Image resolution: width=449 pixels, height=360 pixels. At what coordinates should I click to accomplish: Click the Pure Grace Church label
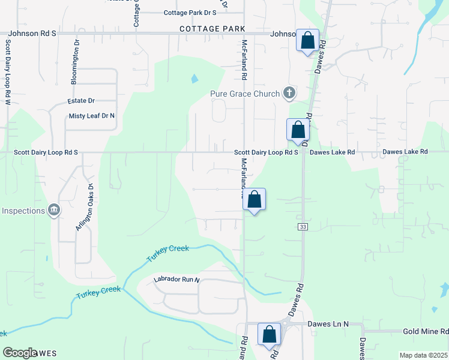click(245, 94)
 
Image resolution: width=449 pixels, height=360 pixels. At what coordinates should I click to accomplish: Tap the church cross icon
click(289, 93)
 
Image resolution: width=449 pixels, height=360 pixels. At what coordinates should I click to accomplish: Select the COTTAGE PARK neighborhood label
click(212, 29)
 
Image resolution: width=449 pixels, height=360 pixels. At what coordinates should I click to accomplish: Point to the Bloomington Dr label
click(76, 62)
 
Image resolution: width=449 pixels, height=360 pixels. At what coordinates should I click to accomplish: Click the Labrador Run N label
click(176, 280)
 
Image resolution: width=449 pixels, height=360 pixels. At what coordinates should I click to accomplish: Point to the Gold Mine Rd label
click(426, 331)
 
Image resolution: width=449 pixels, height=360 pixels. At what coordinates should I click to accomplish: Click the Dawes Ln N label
click(328, 324)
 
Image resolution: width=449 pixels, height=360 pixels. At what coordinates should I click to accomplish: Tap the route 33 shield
click(303, 226)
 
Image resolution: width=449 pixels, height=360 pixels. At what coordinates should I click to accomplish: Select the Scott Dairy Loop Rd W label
click(8, 72)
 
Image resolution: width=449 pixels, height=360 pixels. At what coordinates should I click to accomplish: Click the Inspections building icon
click(54, 209)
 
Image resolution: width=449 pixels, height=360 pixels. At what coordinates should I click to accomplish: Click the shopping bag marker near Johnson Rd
click(308, 41)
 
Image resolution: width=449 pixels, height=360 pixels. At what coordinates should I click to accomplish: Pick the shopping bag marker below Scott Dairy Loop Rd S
click(255, 199)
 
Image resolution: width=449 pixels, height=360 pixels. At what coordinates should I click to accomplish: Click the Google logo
click(20, 353)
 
